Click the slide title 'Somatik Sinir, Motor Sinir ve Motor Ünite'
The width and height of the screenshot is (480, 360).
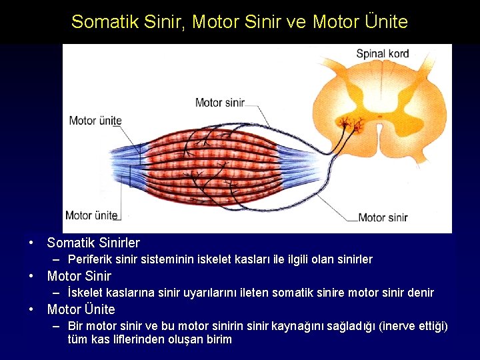tap(239, 22)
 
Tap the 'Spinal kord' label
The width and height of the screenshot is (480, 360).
tap(382, 53)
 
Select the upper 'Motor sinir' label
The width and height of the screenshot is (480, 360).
tap(219, 103)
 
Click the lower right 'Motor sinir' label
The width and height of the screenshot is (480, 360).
tap(382, 217)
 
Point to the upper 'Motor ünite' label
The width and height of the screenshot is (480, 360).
tap(95, 121)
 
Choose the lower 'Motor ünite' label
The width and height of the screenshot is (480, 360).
tap(91, 215)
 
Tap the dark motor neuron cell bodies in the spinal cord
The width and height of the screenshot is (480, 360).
tap(347, 123)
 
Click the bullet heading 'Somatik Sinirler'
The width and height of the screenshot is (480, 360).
tap(93, 243)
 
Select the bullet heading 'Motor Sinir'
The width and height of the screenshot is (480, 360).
tap(79, 276)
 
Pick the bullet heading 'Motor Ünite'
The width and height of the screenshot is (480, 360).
tap(81, 309)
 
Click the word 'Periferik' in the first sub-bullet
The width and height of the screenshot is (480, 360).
tap(90, 259)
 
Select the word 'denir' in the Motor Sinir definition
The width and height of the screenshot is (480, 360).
tap(420, 293)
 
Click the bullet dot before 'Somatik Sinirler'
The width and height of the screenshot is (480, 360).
tap(31, 243)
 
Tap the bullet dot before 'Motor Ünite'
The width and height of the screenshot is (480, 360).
tap(31, 309)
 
